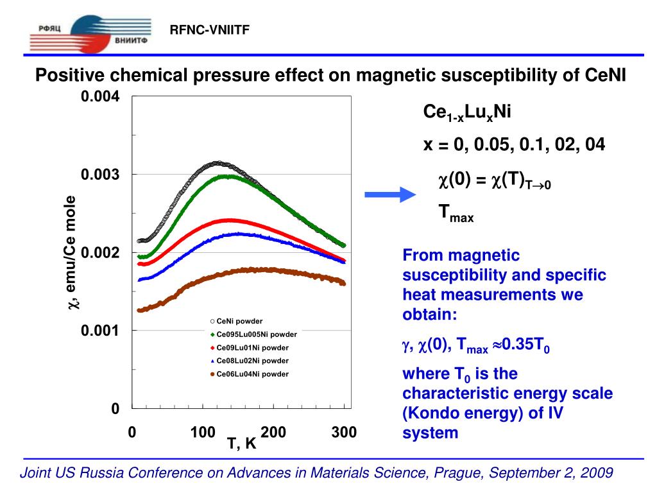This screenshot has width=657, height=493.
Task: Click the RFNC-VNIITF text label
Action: pos(209,30)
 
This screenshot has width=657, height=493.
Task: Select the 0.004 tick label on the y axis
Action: pos(100,97)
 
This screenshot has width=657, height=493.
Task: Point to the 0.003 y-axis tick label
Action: pos(100,175)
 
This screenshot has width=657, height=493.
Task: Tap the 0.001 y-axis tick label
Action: pos(100,331)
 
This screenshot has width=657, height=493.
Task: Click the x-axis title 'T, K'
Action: pos(242,444)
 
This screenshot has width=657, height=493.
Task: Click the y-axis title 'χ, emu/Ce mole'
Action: pos(73,253)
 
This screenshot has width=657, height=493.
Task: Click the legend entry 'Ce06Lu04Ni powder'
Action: pos(252,374)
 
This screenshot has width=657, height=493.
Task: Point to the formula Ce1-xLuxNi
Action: pos(466,113)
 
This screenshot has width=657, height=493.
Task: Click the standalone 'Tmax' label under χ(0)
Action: pos(456,212)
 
